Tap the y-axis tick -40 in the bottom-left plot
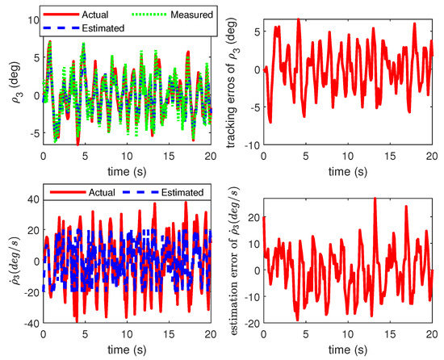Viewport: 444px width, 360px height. tap(29, 323)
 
